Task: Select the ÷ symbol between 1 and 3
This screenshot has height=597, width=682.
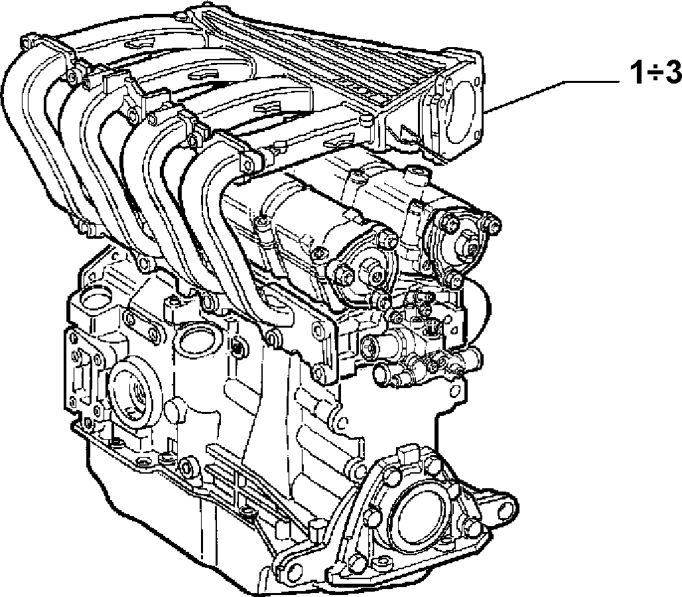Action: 654,74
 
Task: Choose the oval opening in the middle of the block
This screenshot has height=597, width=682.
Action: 196,339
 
